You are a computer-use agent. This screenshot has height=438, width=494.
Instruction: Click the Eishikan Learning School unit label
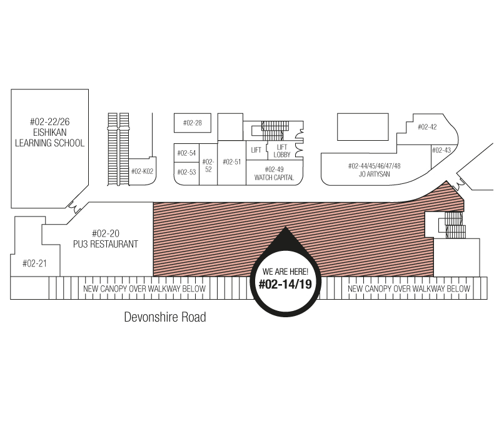point(50,133)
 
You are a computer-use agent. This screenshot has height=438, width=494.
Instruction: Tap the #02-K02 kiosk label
point(142,171)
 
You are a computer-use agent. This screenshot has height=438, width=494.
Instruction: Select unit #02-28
point(193,123)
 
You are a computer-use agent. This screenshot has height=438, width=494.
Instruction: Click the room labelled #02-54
point(186,153)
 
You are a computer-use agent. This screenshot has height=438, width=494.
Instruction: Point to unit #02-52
point(208,165)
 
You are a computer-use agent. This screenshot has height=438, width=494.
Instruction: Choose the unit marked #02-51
point(231,163)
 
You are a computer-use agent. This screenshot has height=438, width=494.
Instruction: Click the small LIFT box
point(256,150)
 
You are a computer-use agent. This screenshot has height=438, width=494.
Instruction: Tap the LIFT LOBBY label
point(281,151)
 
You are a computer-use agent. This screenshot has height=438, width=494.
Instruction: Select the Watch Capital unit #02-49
point(274,173)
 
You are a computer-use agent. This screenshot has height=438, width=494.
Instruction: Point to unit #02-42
point(427,127)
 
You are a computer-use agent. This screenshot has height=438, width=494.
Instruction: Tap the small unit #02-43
point(441,150)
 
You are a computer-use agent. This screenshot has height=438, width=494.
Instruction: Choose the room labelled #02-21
point(34,263)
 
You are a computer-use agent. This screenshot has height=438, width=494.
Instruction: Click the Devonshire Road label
point(165,317)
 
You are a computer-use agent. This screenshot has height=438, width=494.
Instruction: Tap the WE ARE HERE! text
point(285,272)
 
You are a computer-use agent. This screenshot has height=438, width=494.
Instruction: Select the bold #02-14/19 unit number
point(285,284)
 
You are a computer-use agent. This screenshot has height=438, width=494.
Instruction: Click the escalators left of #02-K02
point(118,149)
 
